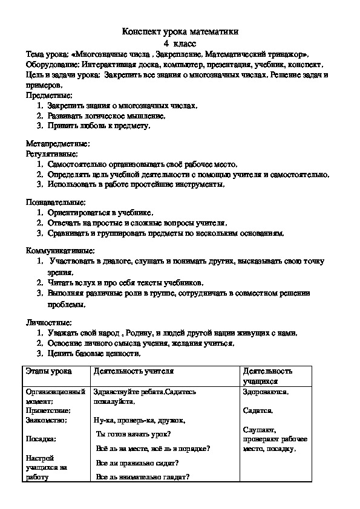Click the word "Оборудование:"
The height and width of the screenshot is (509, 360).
tap(52, 65)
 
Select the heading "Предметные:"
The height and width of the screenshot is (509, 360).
tap(49, 96)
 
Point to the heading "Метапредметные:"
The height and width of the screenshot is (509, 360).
tap(58, 144)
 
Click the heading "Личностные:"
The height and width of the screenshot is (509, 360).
tap(48, 322)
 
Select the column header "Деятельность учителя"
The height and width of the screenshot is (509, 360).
tap(134, 371)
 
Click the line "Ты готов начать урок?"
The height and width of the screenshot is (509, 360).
tap(134, 434)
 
